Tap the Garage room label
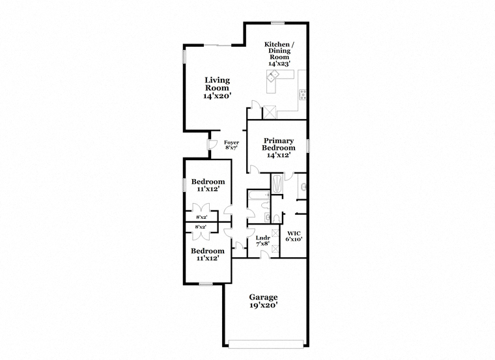[x=263, y=298]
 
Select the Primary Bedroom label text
[x=279, y=144]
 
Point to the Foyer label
[x=231, y=143]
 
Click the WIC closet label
[x=294, y=234]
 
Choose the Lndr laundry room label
[x=263, y=238]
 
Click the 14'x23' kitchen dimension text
[x=279, y=63]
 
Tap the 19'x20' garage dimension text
[x=263, y=305]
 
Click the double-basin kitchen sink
[x=273, y=75]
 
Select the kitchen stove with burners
[x=303, y=94]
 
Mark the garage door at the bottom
[x=266, y=344]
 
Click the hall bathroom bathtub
[x=258, y=195]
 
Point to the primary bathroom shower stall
[x=277, y=184]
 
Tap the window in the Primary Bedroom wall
[x=308, y=146]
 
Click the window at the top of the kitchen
[x=278, y=22]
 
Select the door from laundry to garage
[x=265, y=255]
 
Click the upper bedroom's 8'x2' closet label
[x=201, y=217]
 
